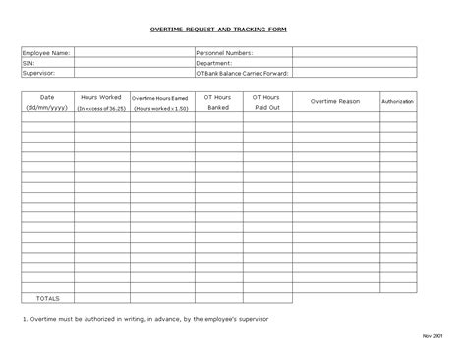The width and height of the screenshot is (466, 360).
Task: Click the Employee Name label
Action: point(46,52)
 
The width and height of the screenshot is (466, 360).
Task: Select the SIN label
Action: point(29,62)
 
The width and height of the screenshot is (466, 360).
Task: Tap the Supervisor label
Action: point(39,72)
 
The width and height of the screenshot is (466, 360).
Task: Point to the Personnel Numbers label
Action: point(225,52)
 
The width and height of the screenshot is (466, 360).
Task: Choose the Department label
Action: point(215,62)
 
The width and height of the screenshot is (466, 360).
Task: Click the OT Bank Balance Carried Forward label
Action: point(243,72)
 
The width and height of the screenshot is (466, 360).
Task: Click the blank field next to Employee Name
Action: point(132,52)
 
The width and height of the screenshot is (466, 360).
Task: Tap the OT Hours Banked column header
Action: point(217,102)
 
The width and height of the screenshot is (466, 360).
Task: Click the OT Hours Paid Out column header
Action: point(266,102)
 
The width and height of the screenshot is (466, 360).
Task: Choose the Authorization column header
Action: point(397,101)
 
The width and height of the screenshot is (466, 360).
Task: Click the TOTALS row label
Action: point(47,297)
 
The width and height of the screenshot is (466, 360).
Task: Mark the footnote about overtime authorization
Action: point(145,320)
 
